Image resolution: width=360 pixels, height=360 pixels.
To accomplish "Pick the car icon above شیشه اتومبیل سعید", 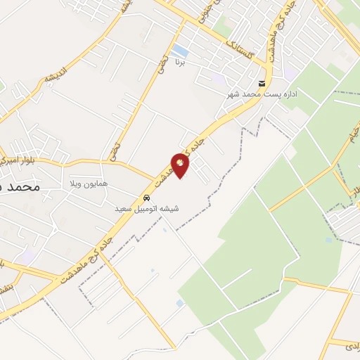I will [146, 198].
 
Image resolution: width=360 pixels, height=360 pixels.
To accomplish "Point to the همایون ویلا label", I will [89, 184].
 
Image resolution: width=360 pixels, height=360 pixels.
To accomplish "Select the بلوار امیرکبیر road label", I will [17, 160].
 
